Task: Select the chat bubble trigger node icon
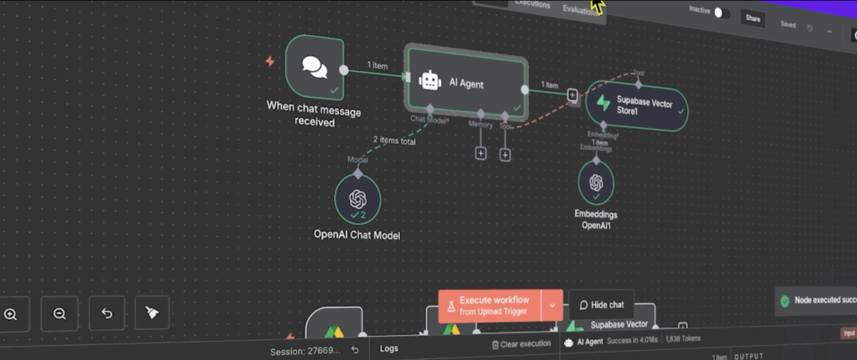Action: (315, 67)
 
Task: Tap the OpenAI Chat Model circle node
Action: (358, 198)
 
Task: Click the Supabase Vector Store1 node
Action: (636, 105)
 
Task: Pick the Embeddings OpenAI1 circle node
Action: (596, 182)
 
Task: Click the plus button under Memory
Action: (481, 153)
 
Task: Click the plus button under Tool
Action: (505, 154)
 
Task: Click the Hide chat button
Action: (602, 305)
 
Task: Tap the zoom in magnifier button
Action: (11, 314)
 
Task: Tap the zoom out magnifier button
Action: (59, 314)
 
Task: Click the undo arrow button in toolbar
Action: (106, 314)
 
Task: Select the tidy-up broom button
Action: (151, 313)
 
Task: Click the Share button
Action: (753, 18)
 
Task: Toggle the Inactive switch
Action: (721, 13)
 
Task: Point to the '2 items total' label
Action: (394, 141)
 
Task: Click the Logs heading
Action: (389, 347)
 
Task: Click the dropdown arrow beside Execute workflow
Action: (552, 306)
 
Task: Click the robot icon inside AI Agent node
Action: (430, 80)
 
